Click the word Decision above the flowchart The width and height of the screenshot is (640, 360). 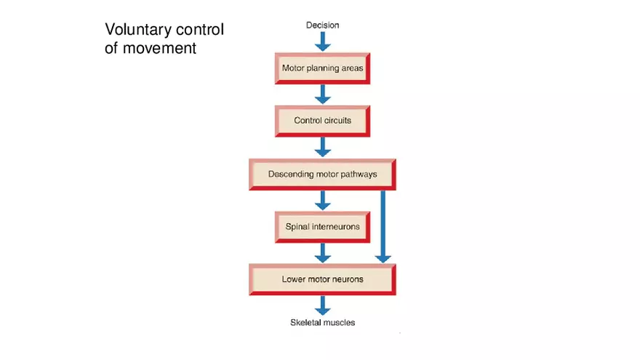click(x=322, y=25)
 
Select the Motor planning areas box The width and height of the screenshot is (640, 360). click(x=322, y=69)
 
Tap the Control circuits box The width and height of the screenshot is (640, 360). click(x=322, y=121)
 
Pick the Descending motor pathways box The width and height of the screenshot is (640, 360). click(x=322, y=175)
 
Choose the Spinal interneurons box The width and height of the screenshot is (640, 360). click(x=322, y=227)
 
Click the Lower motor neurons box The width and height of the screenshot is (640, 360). click(x=322, y=279)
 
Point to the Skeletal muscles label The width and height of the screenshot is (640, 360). click(x=322, y=322)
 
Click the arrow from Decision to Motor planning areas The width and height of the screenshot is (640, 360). click(x=322, y=42)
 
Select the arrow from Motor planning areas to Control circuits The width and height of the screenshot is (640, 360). click(x=322, y=95)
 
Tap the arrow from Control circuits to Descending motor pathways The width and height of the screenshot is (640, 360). click(x=322, y=147)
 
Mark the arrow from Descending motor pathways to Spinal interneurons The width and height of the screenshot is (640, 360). click(x=322, y=200)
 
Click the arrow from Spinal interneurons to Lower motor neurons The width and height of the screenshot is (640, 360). click(x=322, y=252)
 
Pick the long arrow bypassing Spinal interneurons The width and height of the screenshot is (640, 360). click(x=383, y=225)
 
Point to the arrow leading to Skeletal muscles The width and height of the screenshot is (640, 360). click(x=322, y=305)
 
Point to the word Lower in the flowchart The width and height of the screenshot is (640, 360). click(x=293, y=279)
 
